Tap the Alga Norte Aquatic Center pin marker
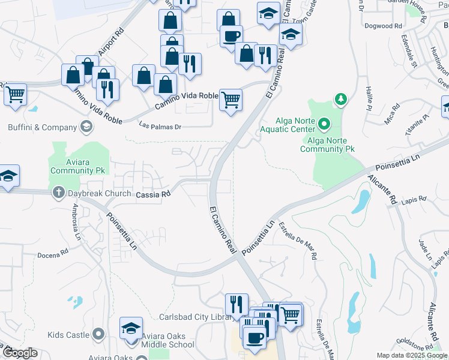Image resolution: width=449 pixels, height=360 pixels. point(325,125)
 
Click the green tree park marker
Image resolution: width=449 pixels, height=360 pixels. point(340,98)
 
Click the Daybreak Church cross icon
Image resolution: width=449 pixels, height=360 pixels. point(58,193)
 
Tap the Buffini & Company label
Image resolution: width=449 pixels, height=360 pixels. point(42,127)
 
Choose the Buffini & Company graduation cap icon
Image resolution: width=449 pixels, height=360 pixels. point(87,127)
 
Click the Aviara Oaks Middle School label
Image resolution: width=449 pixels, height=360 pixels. point(167,340)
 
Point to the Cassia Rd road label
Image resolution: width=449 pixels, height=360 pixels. point(154,194)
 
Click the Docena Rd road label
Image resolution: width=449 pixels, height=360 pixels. point(53,254)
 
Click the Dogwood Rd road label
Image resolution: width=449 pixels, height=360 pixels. point(383,26)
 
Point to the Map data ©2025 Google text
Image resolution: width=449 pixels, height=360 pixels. point(411,355)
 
